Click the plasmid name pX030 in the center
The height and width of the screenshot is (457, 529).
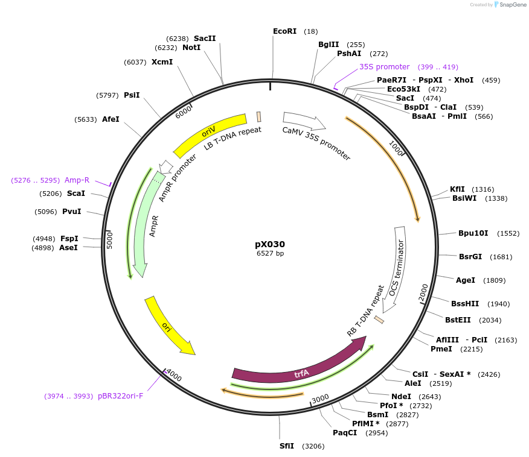coord(269,244)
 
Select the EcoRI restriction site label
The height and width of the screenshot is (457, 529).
coord(284,31)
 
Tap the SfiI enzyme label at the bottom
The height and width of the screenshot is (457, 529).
coord(286,446)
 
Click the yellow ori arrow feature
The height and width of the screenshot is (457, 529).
coord(168,326)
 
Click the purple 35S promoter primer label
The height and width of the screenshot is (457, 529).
coord(384,67)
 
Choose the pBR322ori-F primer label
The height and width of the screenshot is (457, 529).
coord(120,396)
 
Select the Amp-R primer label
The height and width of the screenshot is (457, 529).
coord(77,180)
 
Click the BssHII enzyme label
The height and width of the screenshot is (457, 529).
coord(464,303)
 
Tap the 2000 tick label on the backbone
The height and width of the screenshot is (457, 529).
coord(423,293)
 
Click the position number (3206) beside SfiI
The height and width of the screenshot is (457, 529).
coord(313,446)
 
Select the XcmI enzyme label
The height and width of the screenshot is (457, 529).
coord(162,62)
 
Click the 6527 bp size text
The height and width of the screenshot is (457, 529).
coord(270,254)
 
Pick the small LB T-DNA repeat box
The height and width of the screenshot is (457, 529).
coord(259,117)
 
